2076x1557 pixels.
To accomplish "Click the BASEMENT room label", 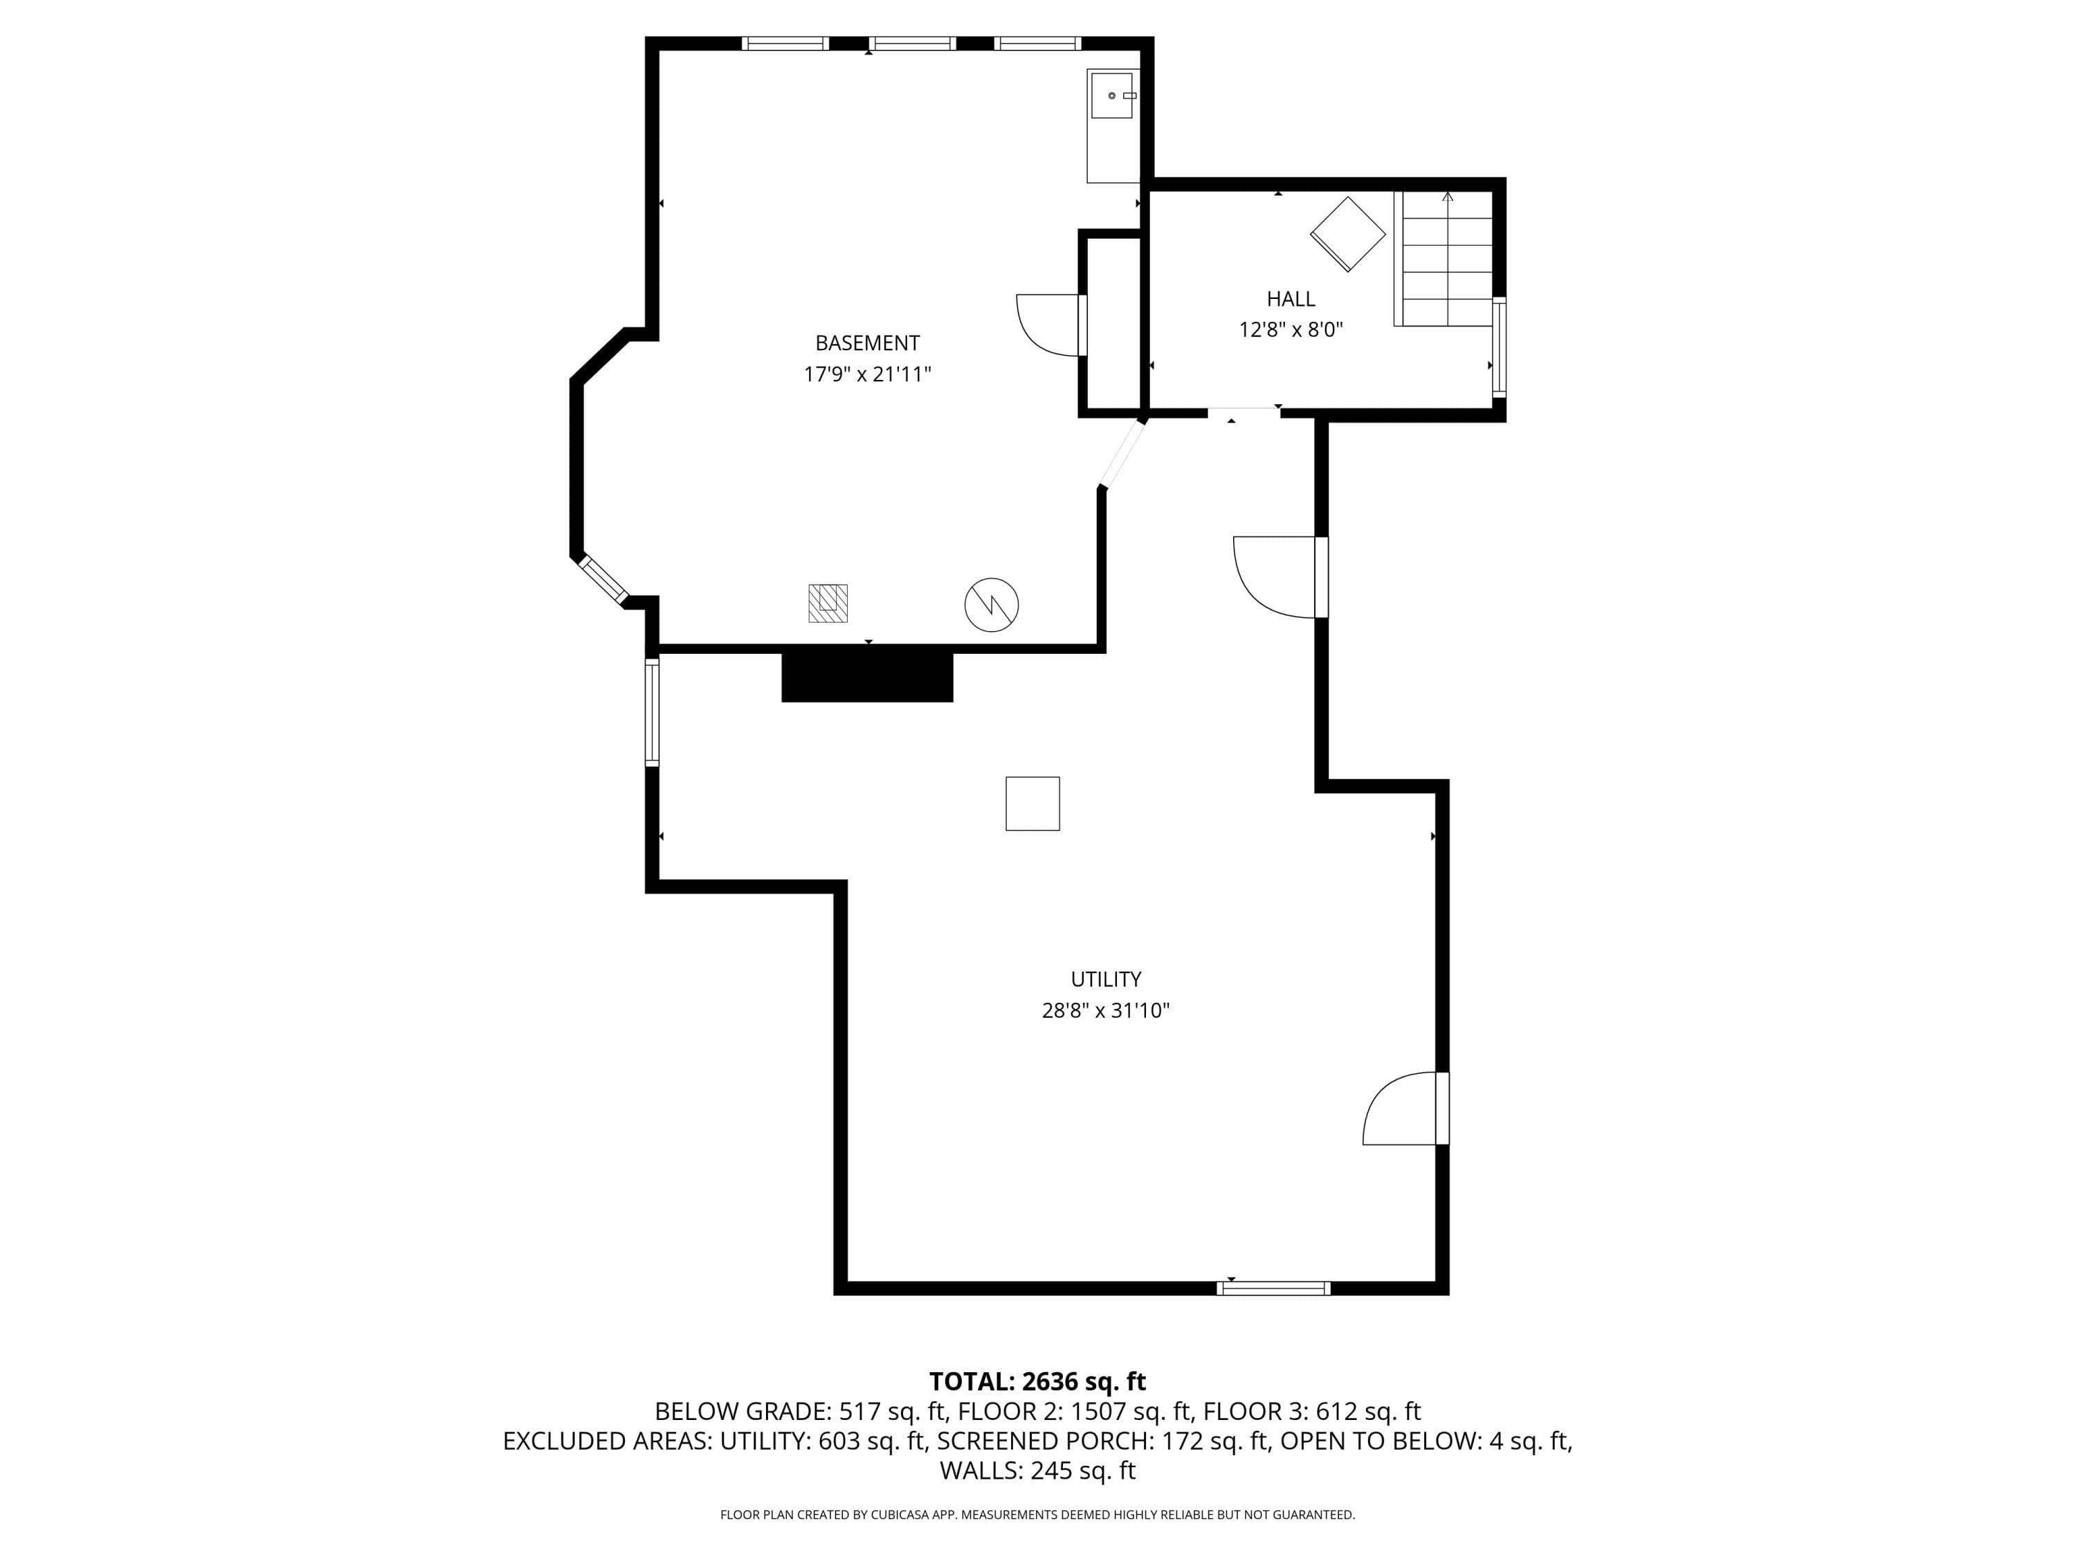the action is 867,343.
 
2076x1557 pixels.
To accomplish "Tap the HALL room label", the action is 1291,300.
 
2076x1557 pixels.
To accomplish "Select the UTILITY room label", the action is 1106,980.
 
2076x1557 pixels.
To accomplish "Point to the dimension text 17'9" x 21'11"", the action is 867,374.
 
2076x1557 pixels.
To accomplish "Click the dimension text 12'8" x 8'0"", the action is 1291,330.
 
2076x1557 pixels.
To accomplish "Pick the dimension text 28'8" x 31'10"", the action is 1106,1011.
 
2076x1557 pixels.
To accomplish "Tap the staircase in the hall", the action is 1444,258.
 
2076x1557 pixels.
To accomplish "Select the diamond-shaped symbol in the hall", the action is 1348,234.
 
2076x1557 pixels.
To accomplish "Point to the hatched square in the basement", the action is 828,603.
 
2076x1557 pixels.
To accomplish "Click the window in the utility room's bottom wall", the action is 1273,1289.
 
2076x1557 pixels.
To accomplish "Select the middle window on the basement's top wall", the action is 912,43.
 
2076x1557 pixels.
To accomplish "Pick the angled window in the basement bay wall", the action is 603,579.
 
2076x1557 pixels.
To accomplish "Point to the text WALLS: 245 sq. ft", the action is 1037,1470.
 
